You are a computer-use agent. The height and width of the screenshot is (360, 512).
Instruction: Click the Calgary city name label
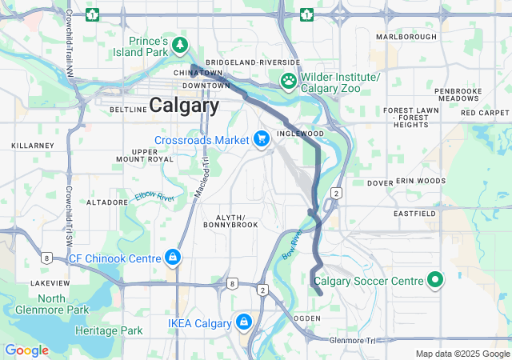[x=184, y=105]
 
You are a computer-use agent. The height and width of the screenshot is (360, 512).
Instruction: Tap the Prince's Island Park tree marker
[x=182, y=43]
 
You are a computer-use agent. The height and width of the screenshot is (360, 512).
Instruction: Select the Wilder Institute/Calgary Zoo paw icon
[x=288, y=80]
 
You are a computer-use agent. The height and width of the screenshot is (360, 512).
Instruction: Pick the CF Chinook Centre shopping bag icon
[x=172, y=258]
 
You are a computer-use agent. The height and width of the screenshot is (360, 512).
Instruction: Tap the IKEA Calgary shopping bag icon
[x=243, y=322]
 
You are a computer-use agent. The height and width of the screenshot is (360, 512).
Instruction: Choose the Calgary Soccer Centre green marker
[x=435, y=280]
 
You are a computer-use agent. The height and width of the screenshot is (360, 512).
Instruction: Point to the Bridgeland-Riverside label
[x=252, y=62]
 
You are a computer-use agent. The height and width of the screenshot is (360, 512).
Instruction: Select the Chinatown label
[x=198, y=73]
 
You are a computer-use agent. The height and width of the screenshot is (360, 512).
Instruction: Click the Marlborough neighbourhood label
[x=406, y=37]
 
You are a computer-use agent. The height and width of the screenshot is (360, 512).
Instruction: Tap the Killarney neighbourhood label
[x=31, y=146]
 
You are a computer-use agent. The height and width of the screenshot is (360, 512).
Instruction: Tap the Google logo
[x=26, y=350]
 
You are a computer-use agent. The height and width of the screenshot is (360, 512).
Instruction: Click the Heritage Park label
[x=109, y=330]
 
